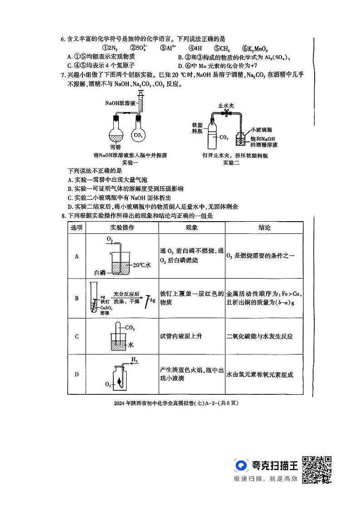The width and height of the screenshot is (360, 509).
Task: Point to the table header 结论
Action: (x=264, y=228)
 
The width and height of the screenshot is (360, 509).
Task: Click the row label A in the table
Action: (x=77, y=256)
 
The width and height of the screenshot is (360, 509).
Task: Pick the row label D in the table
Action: (x=77, y=374)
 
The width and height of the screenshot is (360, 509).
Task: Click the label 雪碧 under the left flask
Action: (x=116, y=147)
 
